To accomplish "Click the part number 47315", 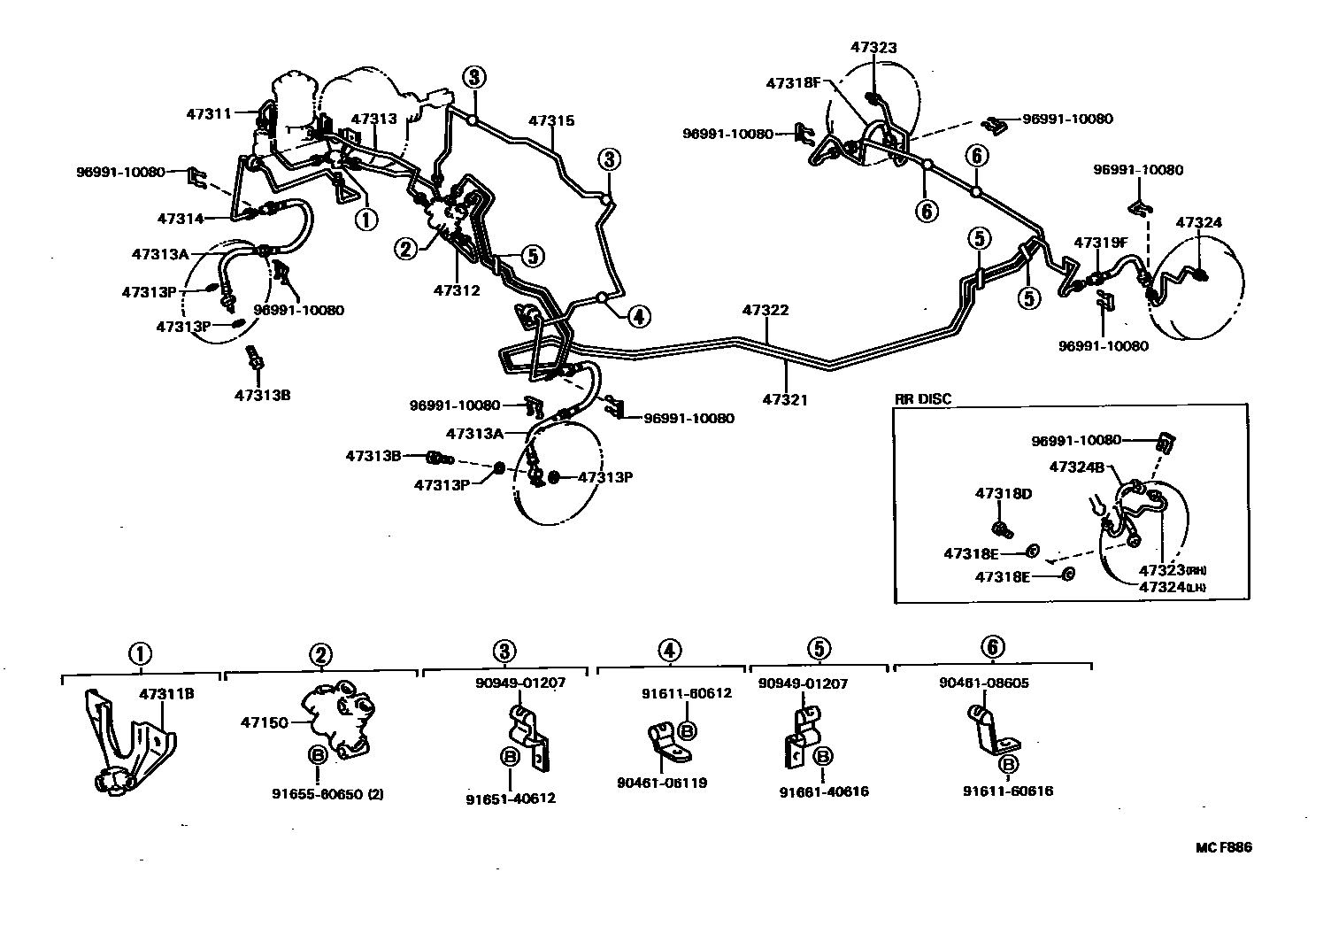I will (551, 120).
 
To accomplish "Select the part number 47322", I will (766, 311).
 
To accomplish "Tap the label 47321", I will (785, 400).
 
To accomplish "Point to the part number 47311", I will (209, 113).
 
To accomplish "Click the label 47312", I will (457, 289).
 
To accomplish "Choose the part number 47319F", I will (1101, 242).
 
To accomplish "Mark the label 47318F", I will (795, 83).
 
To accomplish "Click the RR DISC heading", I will (923, 398).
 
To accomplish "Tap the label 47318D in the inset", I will (1004, 493).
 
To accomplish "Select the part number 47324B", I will (1076, 467).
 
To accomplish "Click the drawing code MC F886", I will (1224, 847).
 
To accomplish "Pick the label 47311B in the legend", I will (166, 694).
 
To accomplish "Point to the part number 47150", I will (265, 723).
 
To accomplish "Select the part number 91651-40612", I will (511, 799).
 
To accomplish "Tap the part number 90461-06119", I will (662, 783).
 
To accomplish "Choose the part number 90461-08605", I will (984, 683).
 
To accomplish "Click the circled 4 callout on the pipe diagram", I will (640, 315).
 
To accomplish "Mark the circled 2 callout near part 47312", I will (406, 249).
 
